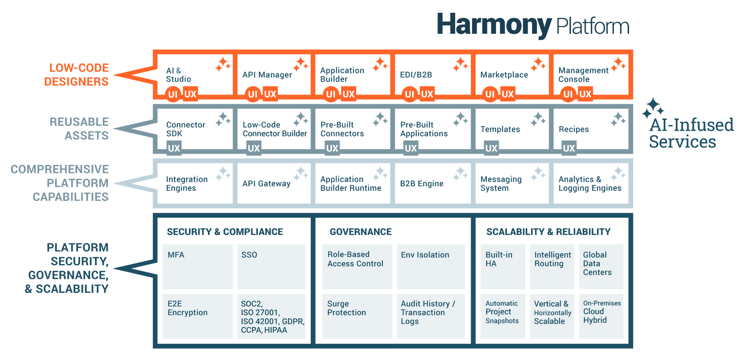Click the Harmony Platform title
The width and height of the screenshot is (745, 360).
533,25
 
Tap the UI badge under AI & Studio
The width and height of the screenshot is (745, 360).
173,94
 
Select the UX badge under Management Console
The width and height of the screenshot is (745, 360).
585,94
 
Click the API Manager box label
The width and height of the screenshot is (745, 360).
267,75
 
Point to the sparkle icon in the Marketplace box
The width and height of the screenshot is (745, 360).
538,64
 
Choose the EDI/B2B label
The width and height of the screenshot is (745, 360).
416,75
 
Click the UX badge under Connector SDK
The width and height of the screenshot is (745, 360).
174,148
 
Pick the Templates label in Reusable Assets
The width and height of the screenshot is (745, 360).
500,129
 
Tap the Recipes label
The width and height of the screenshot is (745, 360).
573,129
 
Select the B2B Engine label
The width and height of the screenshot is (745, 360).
422,183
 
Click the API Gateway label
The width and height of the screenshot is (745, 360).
266,183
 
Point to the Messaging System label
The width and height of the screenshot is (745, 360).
501,183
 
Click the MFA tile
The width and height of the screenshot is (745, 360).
197,266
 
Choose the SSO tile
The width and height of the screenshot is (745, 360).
271,266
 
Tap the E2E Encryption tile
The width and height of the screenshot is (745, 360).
197,316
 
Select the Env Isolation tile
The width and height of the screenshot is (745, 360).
431,266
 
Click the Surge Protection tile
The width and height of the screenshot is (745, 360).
357,316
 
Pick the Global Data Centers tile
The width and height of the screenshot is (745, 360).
601,266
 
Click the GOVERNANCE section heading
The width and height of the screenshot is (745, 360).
360,232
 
